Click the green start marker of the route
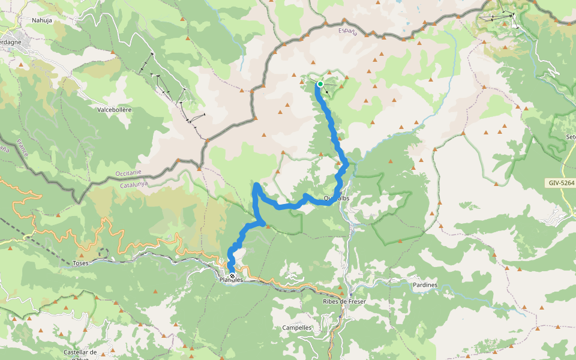tap(320, 84)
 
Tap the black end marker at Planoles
tap(232, 276)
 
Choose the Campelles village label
tap(297, 328)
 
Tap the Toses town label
tap(80, 263)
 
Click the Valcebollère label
tap(114, 110)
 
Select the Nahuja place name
tap(42, 20)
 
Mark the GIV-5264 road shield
tap(560, 182)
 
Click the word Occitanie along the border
tap(127, 175)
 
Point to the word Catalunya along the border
tap(134, 185)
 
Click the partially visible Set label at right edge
tap(570, 137)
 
